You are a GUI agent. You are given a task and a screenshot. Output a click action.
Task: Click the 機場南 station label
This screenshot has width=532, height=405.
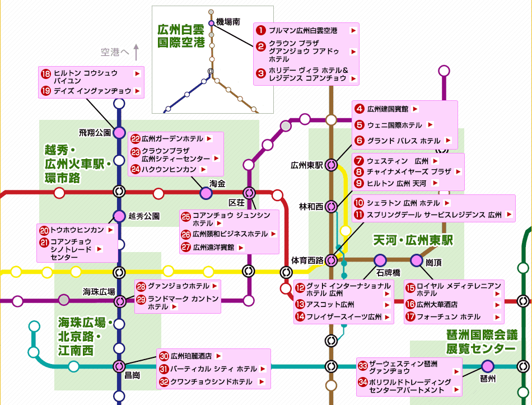coord(228,22)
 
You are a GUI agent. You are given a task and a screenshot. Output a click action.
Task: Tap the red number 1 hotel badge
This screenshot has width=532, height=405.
coord(260,30)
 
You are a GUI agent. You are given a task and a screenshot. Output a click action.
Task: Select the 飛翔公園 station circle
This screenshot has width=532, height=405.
coord(119,133)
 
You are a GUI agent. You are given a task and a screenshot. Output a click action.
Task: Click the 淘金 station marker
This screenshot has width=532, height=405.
coord(206,193)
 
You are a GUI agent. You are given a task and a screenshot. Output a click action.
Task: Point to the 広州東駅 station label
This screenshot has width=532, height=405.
coord(307,165)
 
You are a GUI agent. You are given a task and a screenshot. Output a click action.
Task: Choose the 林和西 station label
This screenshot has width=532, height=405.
coord(311,207)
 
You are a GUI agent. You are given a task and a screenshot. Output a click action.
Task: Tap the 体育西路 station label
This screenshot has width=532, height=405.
coord(307,260)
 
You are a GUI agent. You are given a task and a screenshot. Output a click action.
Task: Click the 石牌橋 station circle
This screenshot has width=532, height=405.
coord(380,260)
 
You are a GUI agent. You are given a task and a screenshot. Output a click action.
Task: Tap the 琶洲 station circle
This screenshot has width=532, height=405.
coord(488,366)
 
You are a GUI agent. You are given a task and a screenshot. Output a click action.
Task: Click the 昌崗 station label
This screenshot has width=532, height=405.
coord(132,375)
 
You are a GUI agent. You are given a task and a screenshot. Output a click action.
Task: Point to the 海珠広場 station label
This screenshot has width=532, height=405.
coord(99,291)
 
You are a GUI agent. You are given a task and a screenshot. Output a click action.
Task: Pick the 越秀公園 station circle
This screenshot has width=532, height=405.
coord(119,216)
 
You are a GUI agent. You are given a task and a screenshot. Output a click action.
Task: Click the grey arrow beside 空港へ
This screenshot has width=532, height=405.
coord(136,53)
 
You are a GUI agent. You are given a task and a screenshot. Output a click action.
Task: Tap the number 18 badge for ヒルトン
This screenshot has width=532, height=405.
coord(46,73)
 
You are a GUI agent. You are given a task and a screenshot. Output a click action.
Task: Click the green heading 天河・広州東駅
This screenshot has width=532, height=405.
coord(413,240)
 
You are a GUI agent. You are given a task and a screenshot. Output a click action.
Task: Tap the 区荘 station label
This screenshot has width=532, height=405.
coord(237,202)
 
